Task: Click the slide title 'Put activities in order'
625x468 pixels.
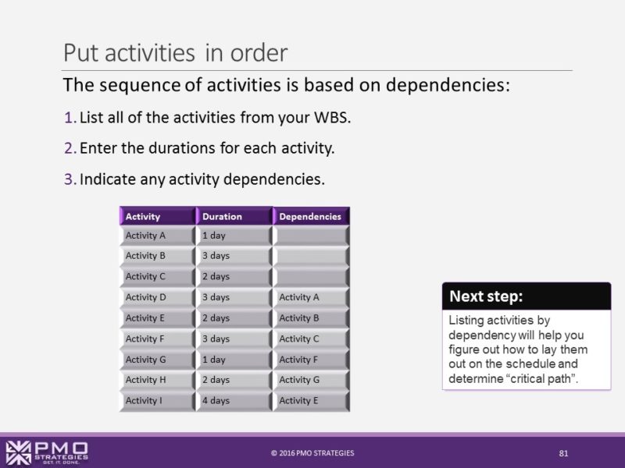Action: tap(175, 52)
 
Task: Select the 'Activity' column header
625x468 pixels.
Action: tap(156, 216)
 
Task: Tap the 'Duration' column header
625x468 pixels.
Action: tap(234, 216)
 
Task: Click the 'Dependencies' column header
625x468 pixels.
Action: tap(311, 216)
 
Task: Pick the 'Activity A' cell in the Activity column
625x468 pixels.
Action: tap(156, 236)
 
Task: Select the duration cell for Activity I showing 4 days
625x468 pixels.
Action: tap(234, 401)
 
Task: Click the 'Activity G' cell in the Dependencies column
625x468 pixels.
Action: tap(311, 380)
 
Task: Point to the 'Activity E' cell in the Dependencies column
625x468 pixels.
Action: tap(311, 401)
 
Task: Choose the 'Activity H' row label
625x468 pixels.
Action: tap(156, 380)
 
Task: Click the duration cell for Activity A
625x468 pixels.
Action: tap(234, 236)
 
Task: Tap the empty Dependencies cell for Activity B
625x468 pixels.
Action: tap(311, 256)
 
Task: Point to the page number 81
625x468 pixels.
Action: tap(562, 453)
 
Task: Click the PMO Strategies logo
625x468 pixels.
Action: tap(47, 452)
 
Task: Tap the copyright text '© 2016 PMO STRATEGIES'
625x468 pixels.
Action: tap(312, 453)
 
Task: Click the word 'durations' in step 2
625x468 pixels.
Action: tap(166, 148)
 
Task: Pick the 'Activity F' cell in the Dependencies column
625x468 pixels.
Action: tap(311, 360)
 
